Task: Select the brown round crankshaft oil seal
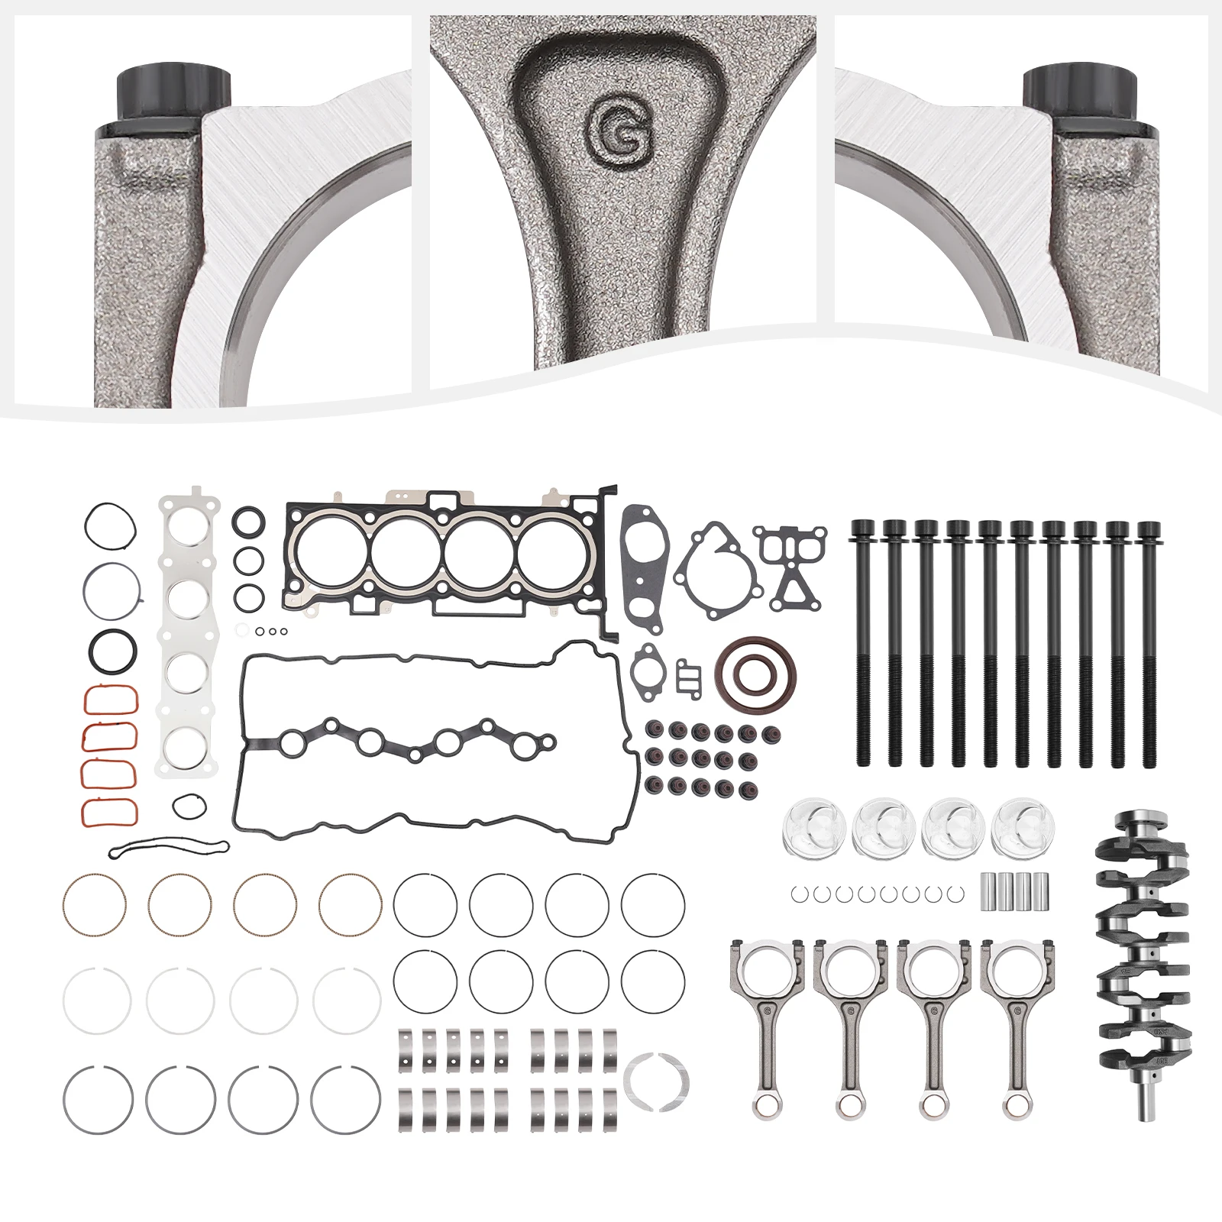pos(755,674)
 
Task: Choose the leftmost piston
pos(813,827)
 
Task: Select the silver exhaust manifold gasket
pos(188,634)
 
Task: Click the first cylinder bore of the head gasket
pos(331,551)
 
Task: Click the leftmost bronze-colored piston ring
pos(94,904)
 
